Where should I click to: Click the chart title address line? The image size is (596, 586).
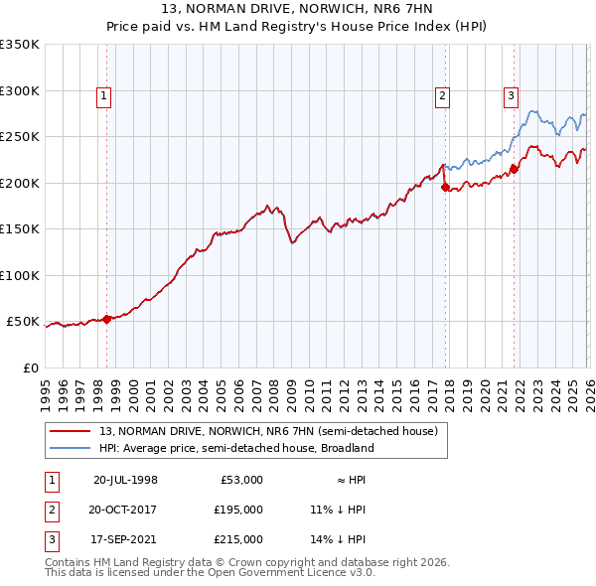coord(298,10)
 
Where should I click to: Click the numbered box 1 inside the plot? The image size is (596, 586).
coord(104,96)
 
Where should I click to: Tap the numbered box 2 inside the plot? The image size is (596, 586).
coord(441,96)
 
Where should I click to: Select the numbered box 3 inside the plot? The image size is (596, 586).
coord(511,96)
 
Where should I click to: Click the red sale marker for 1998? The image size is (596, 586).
coord(107,319)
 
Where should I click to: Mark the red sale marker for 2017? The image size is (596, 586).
coord(445,187)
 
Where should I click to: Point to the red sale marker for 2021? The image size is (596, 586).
coord(514,168)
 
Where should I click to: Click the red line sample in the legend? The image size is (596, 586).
coord(72,430)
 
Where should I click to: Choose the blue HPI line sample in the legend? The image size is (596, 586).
coord(72,448)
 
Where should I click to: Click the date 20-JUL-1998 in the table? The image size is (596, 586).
coord(125,480)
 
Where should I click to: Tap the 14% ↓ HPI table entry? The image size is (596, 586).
coord(338,539)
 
